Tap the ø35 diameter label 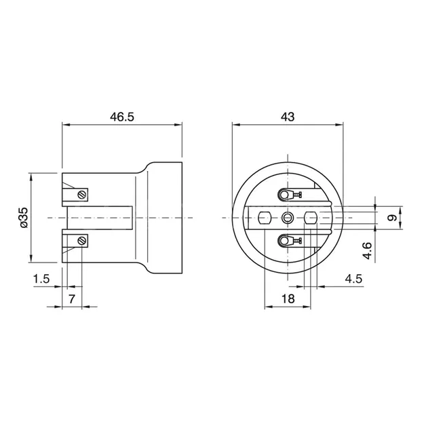pos(23,217)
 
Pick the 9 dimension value pos(391,218)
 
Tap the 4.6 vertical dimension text pos(367,250)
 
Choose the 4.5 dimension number pos(353,279)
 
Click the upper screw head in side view pos(81,195)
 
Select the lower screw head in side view pos(81,239)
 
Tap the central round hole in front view pos(288,218)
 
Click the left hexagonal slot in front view pos(265,218)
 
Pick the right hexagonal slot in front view pos(311,218)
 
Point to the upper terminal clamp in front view pos(287,195)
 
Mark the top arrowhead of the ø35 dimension pos(31,175)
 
